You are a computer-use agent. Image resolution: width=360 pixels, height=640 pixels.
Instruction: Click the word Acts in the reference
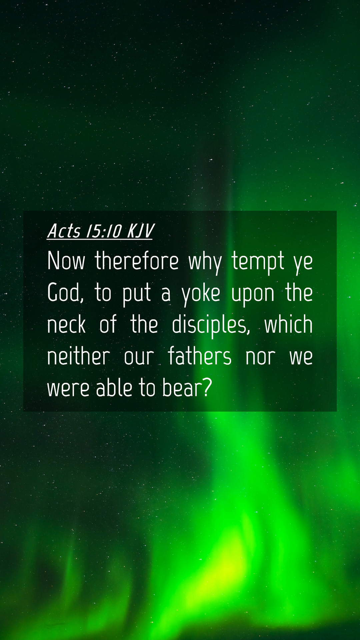pyautogui.click(x=64, y=231)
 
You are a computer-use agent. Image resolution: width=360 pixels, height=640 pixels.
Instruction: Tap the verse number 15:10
pyautogui.click(x=104, y=231)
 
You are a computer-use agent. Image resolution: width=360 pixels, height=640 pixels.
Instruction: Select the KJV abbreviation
pyautogui.click(x=140, y=231)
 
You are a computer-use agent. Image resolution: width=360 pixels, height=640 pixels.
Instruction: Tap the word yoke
pyautogui.click(x=201, y=293)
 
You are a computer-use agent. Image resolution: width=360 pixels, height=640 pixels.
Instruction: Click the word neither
pyautogui.click(x=79, y=356)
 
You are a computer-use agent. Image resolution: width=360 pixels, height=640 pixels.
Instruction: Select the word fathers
pyautogui.click(x=199, y=356)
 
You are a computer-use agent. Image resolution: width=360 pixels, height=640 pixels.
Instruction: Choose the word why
pyautogui.click(x=205, y=262)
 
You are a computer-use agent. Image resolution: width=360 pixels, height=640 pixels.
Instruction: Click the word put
pyautogui.click(x=137, y=294)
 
